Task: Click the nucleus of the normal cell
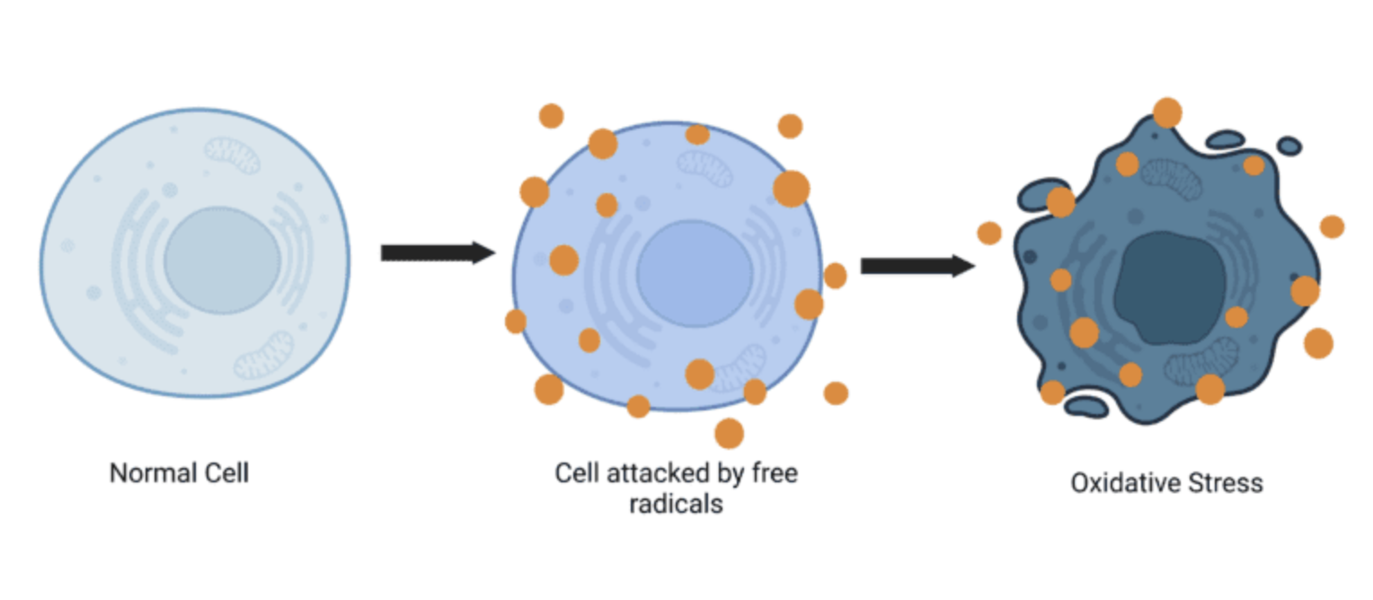pyautogui.click(x=222, y=261)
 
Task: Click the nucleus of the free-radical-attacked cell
pyautogui.click(x=695, y=274)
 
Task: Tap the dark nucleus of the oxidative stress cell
pyautogui.click(x=1170, y=288)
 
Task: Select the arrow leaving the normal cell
pyautogui.click(x=438, y=252)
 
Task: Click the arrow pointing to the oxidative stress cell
pyautogui.click(x=917, y=266)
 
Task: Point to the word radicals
pyautogui.click(x=676, y=505)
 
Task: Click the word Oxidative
pyautogui.click(x=1125, y=483)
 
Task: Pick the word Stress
pyautogui.click(x=1226, y=483)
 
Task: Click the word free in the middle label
pyautogui.click(x=775, y=473)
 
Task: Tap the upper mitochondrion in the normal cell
pyautogui.click(x=233, y=154)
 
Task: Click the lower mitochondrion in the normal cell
pyautogui.click(x=264, y=356)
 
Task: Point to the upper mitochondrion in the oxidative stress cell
pyautogui.click(x=1172, y=179)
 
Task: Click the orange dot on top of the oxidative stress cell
pyautogui.click(x=1167, y=113)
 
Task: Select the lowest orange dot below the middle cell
pyautogui.click(x=729, y=433)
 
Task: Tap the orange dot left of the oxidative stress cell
pyautogui.click(x=988, y=234)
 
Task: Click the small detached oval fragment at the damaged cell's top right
pyautogui.click(x=1289, y=146)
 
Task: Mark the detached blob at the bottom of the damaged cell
pyautogui.click(x=1086, y=406)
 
